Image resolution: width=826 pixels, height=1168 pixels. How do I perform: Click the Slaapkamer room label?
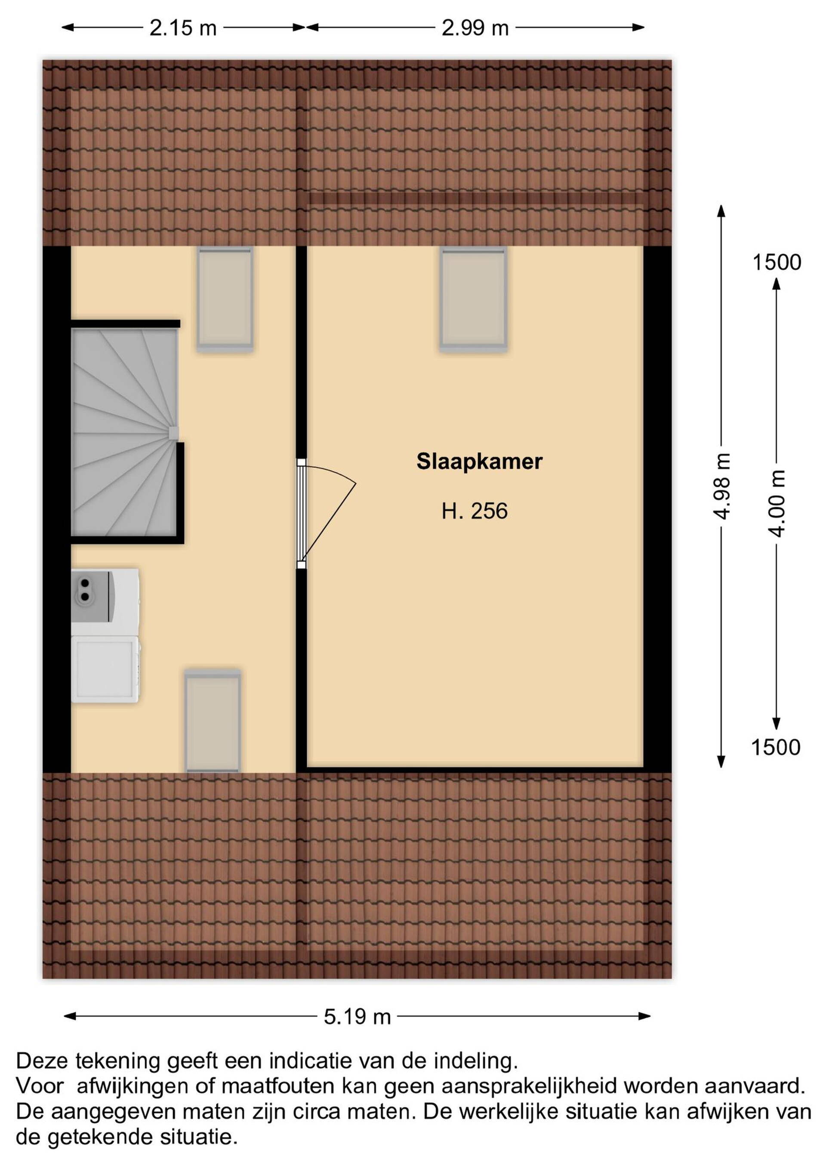[x=479, y=462]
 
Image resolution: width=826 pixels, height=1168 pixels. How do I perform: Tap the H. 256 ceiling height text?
[x=475, y=511]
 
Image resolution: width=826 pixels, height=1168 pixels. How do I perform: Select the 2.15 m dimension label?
[x=183, y=28]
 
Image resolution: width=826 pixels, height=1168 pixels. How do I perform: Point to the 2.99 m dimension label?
[x=475, y=28]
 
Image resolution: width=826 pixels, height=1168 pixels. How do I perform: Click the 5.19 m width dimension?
[x=357, y=1017]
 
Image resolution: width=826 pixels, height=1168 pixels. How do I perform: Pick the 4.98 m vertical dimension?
[x=721, y=486]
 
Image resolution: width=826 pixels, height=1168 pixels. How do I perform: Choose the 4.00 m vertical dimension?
[x=777, y=502]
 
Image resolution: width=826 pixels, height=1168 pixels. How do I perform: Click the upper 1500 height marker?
[x=777, y=262]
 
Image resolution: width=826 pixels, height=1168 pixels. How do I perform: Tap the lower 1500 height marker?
[x=776, y=747]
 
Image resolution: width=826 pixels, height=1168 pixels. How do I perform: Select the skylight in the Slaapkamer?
[x=474, y=299]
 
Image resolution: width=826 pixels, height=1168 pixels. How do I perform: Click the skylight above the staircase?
[x=225, y=299]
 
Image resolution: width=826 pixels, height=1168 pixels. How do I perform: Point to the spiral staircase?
[x=125, y=432]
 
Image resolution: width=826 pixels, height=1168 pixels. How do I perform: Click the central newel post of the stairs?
[x=173, y=432]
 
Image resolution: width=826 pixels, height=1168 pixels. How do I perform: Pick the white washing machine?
[x=105, y=669]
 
